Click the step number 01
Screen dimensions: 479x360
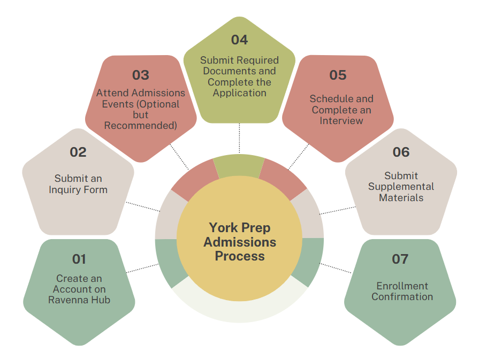click(x=79, y=259)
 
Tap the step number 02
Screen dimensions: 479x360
click(x=78, y=152)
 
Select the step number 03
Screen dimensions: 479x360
click(x=141, y=75)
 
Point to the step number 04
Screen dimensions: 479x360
click(x=240, y=40)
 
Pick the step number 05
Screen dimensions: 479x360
click(x=338, y=75)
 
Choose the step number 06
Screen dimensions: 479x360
click(x=401, y=152)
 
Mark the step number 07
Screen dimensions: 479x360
click(x=400, y=259)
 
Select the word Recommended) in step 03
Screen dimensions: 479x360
click(x=141, y=126)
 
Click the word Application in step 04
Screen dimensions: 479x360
click(x=240, y=93)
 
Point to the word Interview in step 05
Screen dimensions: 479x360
click(x=341, y=120)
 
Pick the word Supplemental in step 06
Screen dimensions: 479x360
click(x=401, y=187)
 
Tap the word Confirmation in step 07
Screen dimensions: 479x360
click(x=402, y=296)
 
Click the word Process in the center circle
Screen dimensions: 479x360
click(x=240, y=256)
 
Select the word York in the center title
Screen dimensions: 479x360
click(x=223, y=228)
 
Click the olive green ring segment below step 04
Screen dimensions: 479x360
click(x=239, y=166)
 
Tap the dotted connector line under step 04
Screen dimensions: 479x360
click(x=239, y=138)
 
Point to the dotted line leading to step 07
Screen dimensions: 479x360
click(x=336, y=268)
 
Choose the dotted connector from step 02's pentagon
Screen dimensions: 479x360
click(x=143, y=206)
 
